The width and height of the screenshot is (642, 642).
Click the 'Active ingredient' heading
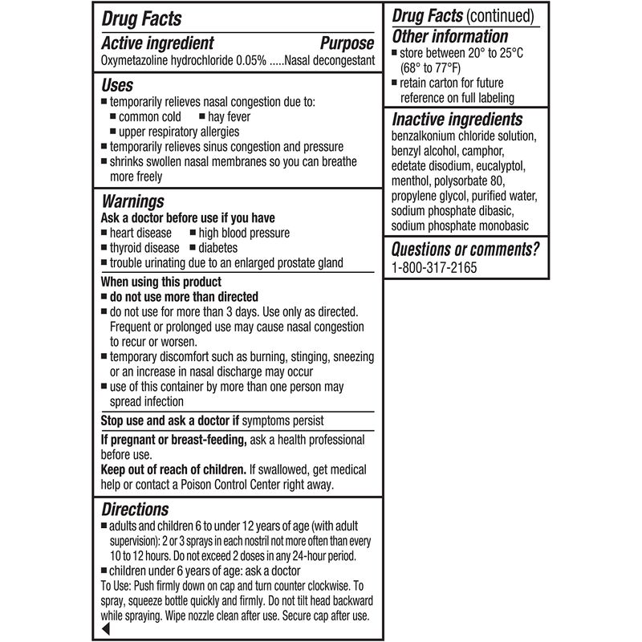click(x=157, y=43)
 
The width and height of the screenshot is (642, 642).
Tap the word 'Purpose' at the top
click(x=347, y=43)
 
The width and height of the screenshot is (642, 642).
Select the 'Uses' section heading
click(x=117, y=85)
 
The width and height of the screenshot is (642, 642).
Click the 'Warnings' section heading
click(x=132, y=201)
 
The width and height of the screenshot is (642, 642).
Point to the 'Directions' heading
click(x=135, y=510)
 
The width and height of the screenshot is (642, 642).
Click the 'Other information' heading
click(x=449, y=37)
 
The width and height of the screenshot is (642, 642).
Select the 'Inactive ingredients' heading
click(x=457, y=120)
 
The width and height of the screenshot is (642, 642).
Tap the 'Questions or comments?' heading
click(x=465, y=249)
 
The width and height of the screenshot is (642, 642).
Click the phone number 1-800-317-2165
click(x=434, y=267)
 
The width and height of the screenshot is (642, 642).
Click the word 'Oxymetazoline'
click(x=136, y=60)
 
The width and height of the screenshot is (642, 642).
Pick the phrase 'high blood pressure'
click(x=244, y=233)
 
